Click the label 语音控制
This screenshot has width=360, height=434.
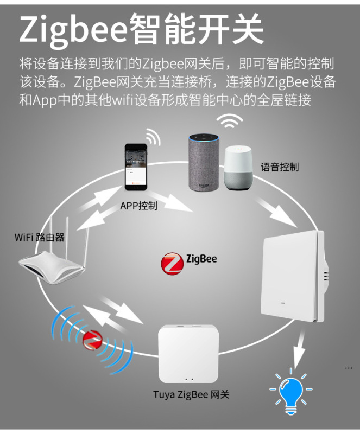pyautogui.click(x=279, y=167)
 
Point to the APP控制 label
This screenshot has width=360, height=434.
pyautogui.click(x=139, y=206)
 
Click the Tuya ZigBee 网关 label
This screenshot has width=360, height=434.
pyautogui.click(x=191, y=394)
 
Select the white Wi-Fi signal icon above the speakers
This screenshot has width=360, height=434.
pyautogui.click(x=230, y=123)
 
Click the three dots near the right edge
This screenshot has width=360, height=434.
pyautogui.click(x=349, y=368)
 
